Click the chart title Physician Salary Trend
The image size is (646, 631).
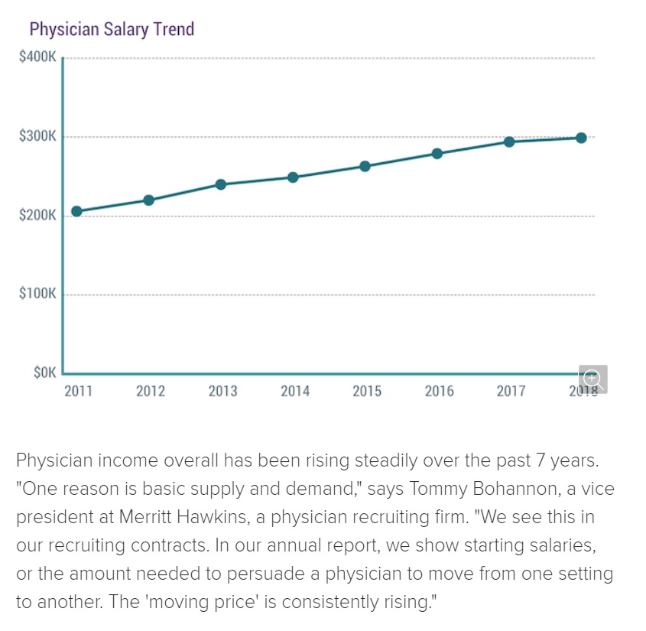112,30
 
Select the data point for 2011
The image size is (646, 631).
76,211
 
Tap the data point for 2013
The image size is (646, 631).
221,184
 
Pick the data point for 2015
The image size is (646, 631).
365,166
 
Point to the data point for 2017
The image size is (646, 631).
509,141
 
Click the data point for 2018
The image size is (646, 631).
581,138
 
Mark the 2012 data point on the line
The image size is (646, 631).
149,200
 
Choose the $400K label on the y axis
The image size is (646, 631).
38,58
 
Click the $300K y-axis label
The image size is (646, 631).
38,137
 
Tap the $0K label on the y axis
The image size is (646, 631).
44,373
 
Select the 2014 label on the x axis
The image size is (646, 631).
295,392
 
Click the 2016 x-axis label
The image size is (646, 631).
439,392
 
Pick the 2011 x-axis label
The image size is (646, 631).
78,392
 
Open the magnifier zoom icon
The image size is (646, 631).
592,379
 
